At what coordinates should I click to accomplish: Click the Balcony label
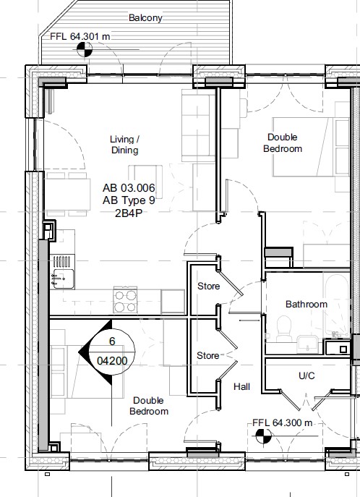click(x=145, y=18)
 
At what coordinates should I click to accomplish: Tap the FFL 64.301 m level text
click(x=80, y=36)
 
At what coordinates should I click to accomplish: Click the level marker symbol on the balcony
click(x=85, y=49)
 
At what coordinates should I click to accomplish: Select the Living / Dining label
click(x=125, y=145)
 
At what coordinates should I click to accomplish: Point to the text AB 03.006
click(x=129, y=188)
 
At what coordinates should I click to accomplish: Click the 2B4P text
click(x=129, y=213)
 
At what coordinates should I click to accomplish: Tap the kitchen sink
click(x=64, y=279)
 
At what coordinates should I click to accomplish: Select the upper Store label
click(x=209, y=286)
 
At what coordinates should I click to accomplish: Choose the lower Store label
click(x=207, y=356)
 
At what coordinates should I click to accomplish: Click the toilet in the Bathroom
click(x=284, y=328)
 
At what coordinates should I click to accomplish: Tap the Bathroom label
click(x=307, y=305)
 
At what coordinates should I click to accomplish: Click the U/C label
click(x=307, y=376)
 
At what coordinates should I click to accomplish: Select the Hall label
click(x=242, y=387)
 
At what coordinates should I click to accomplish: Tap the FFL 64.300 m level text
click(x=283, y=422)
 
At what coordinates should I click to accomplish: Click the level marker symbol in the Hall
click(x=263, y=436)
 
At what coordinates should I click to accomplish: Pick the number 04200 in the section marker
click(x=112, y=361)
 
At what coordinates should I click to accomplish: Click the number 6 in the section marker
click(x=112, y=341)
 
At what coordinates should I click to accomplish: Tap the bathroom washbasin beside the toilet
click(x=307, y=344)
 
